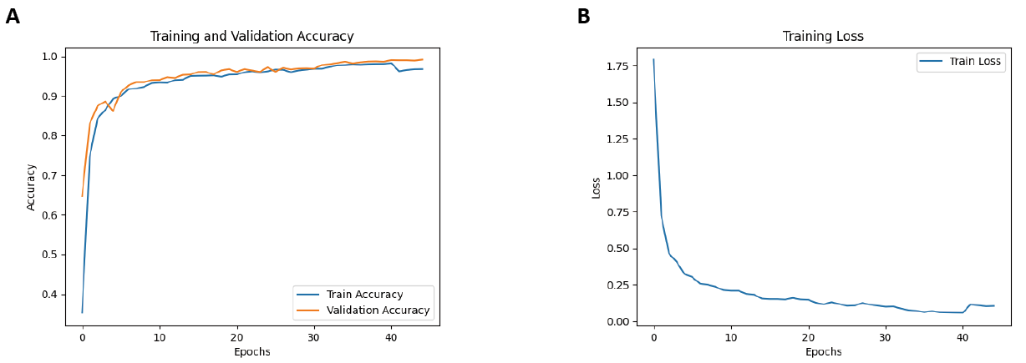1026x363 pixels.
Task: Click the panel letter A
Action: [13, 17]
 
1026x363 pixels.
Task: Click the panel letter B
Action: [583, 17]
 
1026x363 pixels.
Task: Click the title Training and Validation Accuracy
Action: [251, 37]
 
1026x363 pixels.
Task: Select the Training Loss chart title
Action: [823, 37]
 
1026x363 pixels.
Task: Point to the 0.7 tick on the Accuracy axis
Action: [50, 175]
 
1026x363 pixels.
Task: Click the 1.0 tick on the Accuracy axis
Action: [50, 57]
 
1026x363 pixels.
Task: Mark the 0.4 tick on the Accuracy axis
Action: [50, 295]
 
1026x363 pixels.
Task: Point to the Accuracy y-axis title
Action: [32, 187]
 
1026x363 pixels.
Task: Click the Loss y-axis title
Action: [596, 187]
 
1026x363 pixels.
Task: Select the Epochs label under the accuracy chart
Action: [251, 352]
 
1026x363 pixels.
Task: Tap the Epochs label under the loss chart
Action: [823, 352]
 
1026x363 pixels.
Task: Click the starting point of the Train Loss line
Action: [653, 59]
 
